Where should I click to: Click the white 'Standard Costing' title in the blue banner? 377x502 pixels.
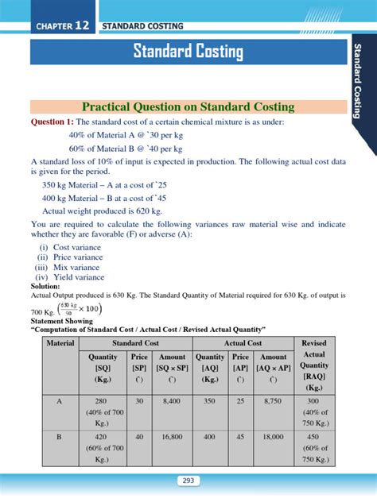point(188,52)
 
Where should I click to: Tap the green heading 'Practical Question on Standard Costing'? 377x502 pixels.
point(188,106)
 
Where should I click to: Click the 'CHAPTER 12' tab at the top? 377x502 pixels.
point(62,26)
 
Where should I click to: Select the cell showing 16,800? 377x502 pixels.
point(173,436)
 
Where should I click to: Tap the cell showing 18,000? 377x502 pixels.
point(274,436)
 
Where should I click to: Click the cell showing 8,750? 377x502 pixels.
point(274,402)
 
